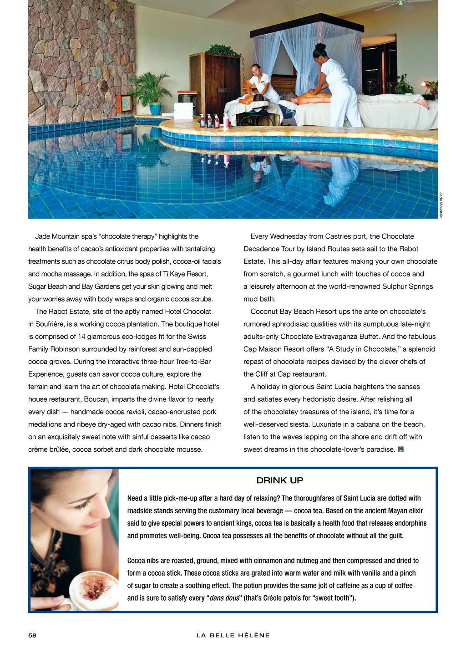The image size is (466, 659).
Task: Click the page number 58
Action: (x=32, y=635)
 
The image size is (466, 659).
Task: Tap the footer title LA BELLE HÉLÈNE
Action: (x=233, y=635)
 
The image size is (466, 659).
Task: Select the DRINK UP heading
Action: (x=279, y=480)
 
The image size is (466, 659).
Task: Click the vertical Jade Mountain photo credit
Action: (x=441, y=205)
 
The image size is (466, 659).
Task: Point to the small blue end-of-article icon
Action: (x=401, y=450)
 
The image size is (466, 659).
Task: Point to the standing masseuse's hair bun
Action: (x=320, y=47)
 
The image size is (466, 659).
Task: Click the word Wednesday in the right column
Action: (x=289, y=236)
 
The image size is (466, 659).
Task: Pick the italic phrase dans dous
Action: (x=224, y=598)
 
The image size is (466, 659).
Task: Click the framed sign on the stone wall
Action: (x=124, y=105)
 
